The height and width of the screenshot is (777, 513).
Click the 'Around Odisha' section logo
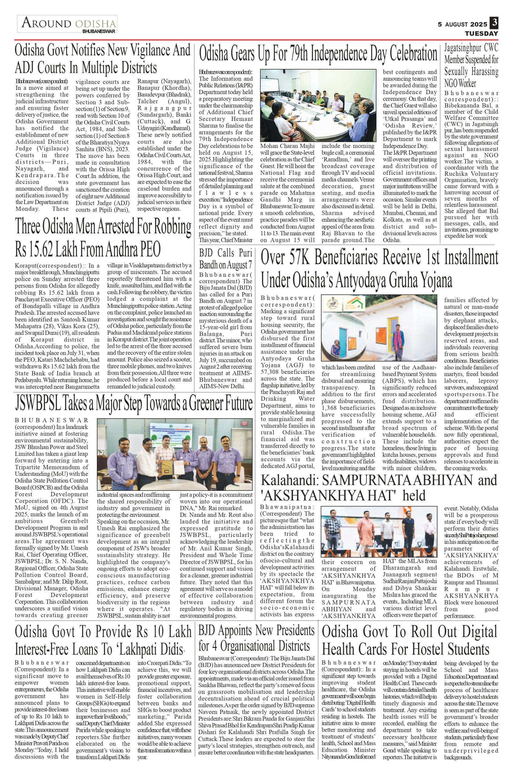coord(67,24)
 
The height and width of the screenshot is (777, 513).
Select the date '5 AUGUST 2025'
coord(463,24)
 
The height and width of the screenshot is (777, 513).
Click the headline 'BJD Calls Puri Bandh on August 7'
coord(226,258)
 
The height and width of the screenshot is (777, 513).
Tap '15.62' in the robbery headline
coord(39,250)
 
